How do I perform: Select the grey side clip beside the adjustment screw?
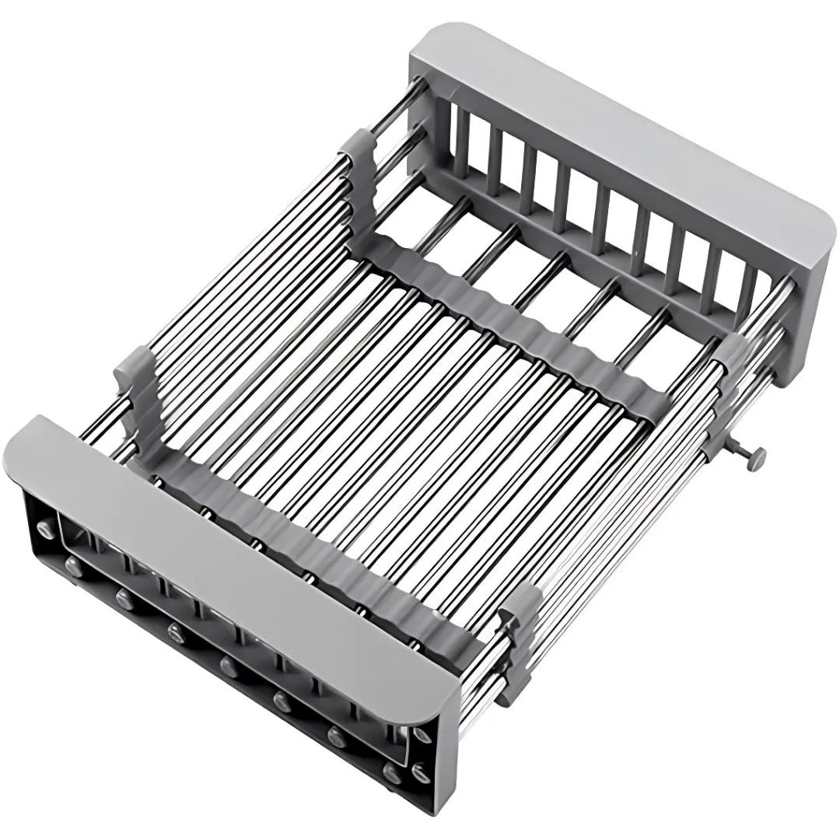pos(727,366)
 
